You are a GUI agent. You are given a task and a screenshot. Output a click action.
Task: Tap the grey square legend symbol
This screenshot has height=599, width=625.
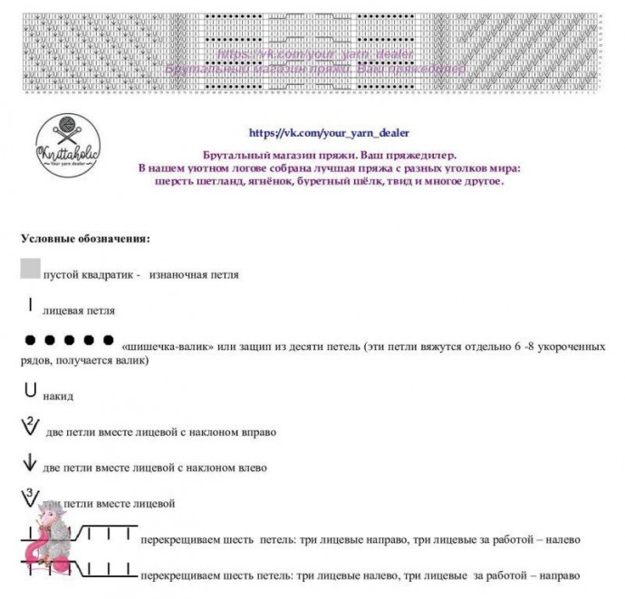coord(30,267)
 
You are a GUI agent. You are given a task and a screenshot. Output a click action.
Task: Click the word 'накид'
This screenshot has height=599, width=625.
coord(58,396)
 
